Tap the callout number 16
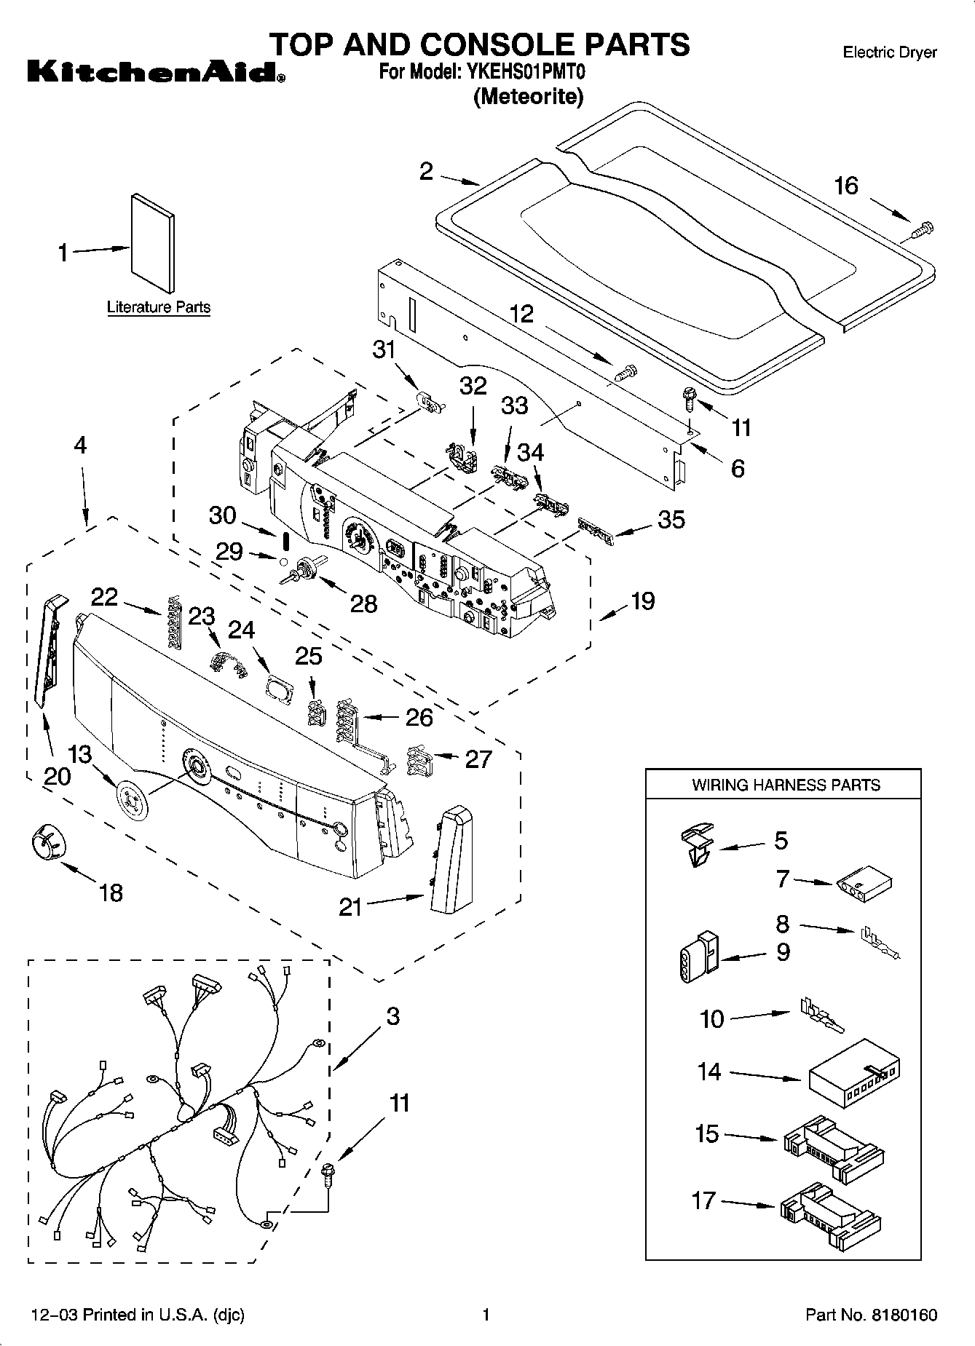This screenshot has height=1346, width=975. (845, 186)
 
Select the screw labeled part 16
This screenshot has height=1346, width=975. (922, 231)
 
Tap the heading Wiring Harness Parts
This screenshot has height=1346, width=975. (785, 785)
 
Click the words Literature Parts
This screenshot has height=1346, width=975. (158, 307)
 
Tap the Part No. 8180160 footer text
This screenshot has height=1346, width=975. (871, 1315)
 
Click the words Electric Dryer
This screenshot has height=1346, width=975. (889, 52)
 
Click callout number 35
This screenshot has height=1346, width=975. (671, 520)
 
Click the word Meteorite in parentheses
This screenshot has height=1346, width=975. (528, 97)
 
